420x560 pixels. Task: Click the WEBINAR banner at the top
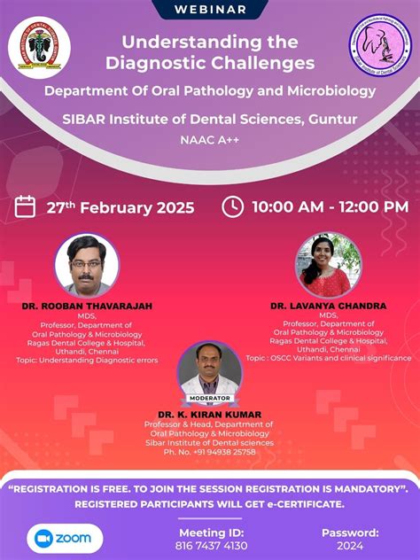[210, 10]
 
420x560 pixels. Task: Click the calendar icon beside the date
[26, 206]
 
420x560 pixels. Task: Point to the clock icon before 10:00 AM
[232, 206]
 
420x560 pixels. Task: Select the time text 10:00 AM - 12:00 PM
[330, 207]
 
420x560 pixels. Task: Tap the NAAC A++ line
[210, 139]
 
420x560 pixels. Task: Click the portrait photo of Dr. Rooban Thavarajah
[86, 263]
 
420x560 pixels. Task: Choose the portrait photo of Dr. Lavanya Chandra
[328, 264]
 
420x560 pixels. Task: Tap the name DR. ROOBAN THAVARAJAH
[87, 306]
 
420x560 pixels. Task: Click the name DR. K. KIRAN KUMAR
[210, 414]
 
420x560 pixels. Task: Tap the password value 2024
[350, 546]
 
